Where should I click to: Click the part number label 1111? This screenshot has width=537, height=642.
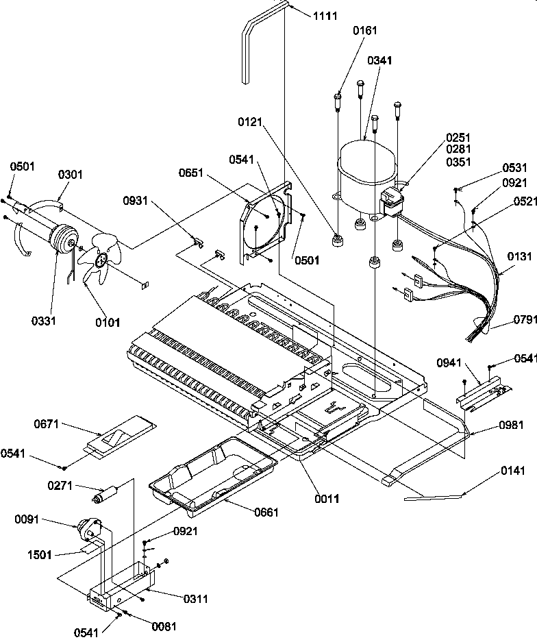(325, 16)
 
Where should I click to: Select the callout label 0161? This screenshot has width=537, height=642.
(365, 31)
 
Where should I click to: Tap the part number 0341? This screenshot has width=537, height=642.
(380, 61)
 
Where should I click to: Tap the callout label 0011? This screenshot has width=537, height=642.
(327, 499)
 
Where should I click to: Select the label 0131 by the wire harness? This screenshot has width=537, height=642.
(519, 257)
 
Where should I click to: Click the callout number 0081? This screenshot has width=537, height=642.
(164, 626)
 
